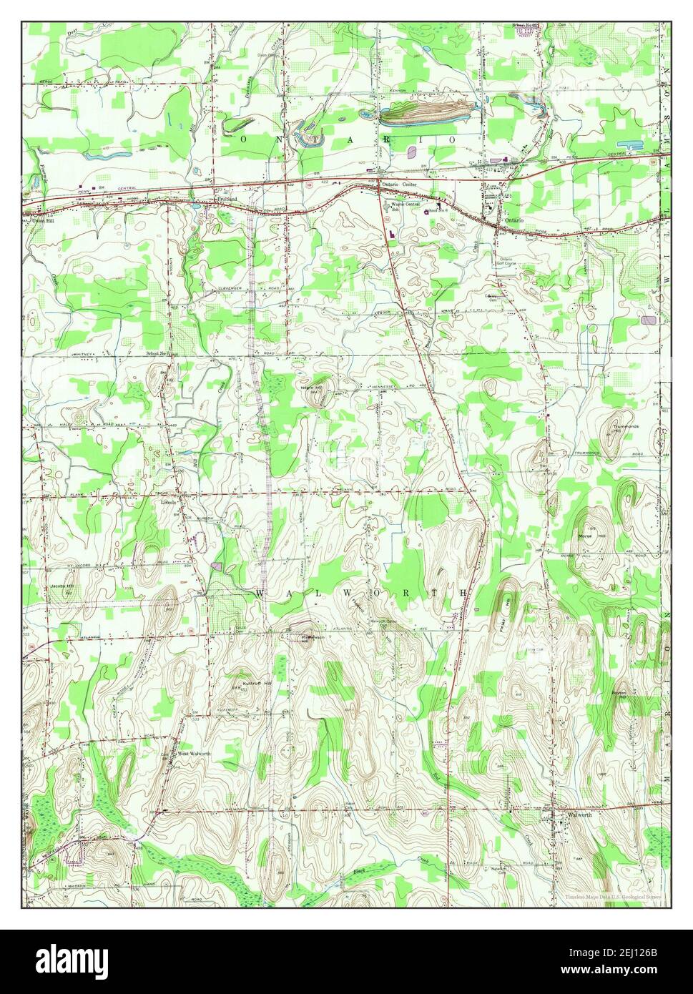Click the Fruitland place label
point(226,201)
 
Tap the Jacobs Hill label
point(62,586)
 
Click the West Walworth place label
point(194,754)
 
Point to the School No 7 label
point(161,353)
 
